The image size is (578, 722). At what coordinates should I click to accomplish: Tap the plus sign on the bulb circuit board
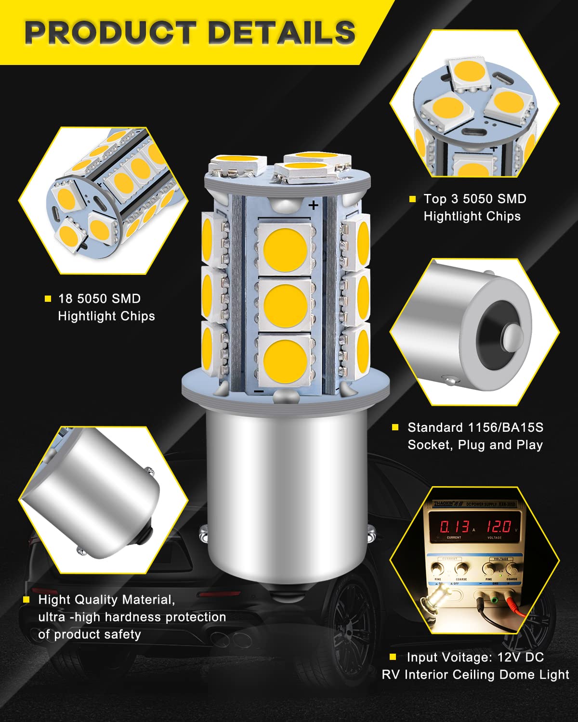coord(314,206)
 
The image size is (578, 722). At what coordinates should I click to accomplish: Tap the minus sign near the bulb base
coord(259,391)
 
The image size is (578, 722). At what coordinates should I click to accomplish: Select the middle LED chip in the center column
coord(285,304)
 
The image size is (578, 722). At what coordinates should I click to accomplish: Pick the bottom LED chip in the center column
coord(285,359)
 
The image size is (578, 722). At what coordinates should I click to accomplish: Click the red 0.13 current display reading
coord(454,526)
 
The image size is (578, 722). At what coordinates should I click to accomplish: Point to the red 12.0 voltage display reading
coord(498,526)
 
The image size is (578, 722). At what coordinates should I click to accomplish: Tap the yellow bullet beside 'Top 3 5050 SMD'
coord(412,199)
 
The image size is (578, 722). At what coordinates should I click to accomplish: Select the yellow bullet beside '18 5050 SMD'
coord(48,299)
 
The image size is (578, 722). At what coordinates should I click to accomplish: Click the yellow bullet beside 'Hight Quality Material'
coord(27,600)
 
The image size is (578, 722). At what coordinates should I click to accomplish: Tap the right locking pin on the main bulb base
coord(370,531)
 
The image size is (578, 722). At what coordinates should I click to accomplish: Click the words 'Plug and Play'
coord(500,445)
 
